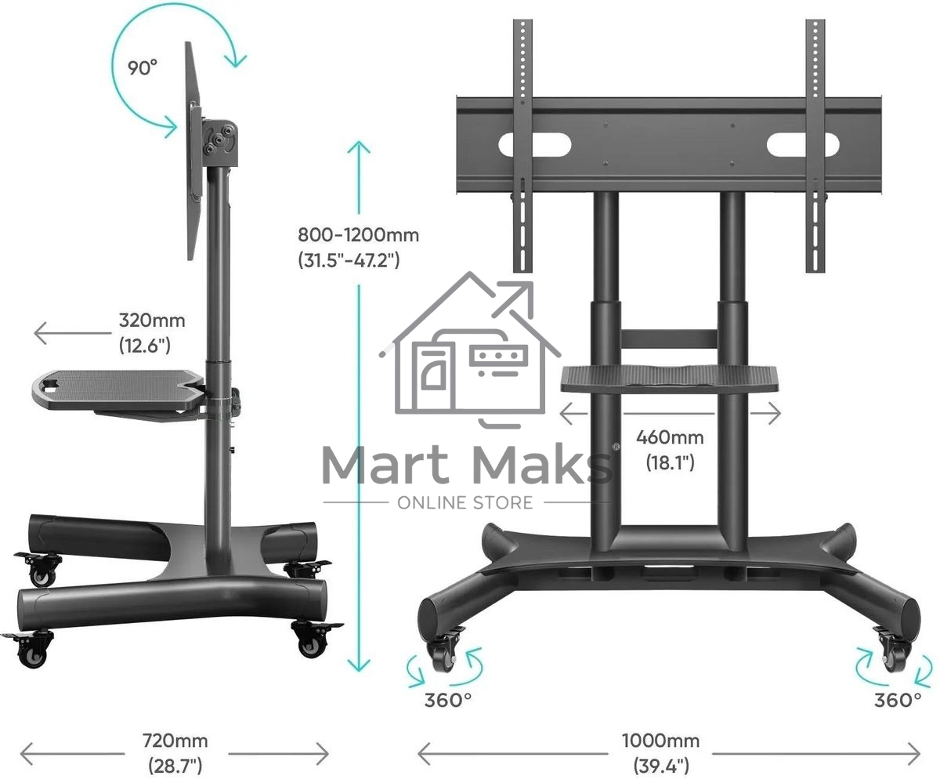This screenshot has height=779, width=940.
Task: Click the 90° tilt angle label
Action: pos(143,68)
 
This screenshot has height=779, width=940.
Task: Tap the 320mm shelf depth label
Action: pos(152,333)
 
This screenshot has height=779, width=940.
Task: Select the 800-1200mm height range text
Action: pos(358,248)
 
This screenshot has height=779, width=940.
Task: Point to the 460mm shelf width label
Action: pos(670,450)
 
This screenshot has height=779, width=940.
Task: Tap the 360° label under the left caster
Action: pos(448,700)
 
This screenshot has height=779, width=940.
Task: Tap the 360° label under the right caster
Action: pos(898,700)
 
